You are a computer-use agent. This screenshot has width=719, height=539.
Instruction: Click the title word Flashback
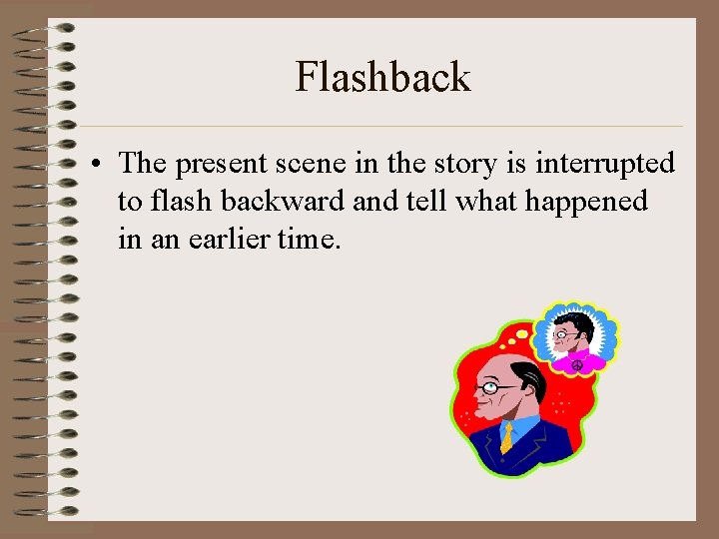coord(382,78)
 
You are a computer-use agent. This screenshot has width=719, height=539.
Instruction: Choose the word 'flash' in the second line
coord(183,202)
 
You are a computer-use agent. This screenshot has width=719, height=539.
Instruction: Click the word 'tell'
coord(424,202)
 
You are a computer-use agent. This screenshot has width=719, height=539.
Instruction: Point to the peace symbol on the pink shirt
coord(576,365)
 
